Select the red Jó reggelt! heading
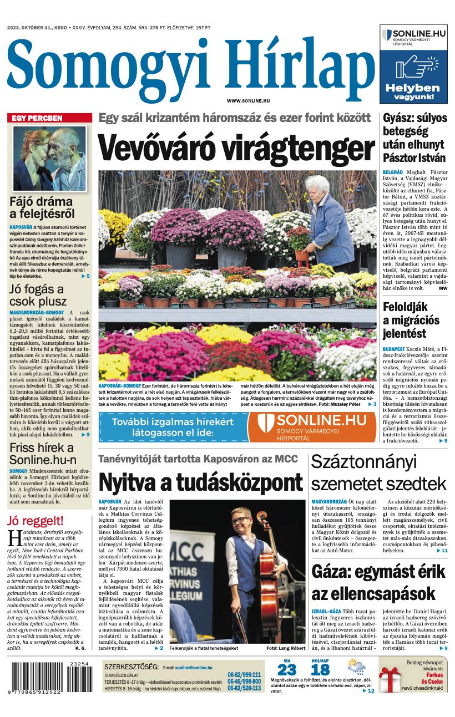point(36,520)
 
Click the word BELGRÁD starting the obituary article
point(392,173)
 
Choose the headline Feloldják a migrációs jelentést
point(411,320)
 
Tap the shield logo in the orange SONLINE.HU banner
point(266,426)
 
